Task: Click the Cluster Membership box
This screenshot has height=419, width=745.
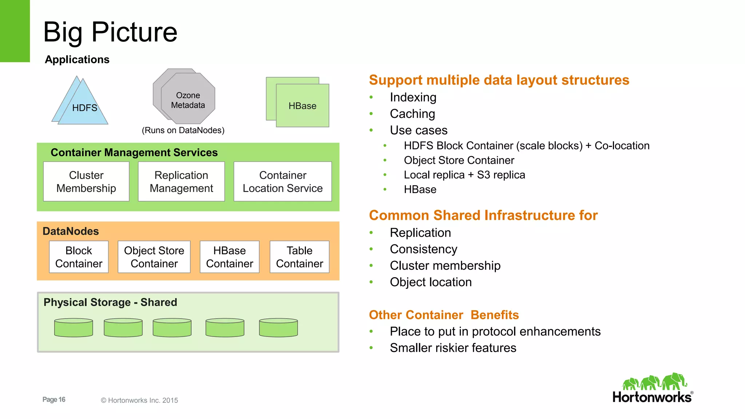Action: (x=86, y=181)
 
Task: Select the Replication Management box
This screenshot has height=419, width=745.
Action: (x=181, y=181)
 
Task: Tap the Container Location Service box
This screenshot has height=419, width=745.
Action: (x=283, y=181)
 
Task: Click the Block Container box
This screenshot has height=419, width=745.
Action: (x=79, y=257)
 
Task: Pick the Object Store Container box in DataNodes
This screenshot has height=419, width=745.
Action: (x=154, y=257)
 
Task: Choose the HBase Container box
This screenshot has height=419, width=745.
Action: (x=230, y=257)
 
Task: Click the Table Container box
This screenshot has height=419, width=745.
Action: (x=299, y=257)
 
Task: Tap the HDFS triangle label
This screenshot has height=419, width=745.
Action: (x=84, y=108)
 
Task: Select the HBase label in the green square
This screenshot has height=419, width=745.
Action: (x=302, y=106)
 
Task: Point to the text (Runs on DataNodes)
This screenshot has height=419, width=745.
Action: (x=183, y=130)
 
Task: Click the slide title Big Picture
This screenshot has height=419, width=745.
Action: (x=110, y=32)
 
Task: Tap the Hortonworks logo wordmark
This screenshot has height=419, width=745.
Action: (x=652, y=397)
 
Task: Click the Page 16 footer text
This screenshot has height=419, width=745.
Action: (x=54, y=399)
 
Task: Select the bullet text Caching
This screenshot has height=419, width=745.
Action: (x=412, y=114)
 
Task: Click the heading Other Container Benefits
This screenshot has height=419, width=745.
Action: (x=444, y=315)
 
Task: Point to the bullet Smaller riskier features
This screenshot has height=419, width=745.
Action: (x=453, y=348)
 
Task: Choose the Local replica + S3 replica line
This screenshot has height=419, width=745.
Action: (x=464, y=175)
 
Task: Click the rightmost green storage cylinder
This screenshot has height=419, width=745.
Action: (x=278, y=328)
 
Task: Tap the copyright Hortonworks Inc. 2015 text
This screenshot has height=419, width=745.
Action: (x=139, y=400)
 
